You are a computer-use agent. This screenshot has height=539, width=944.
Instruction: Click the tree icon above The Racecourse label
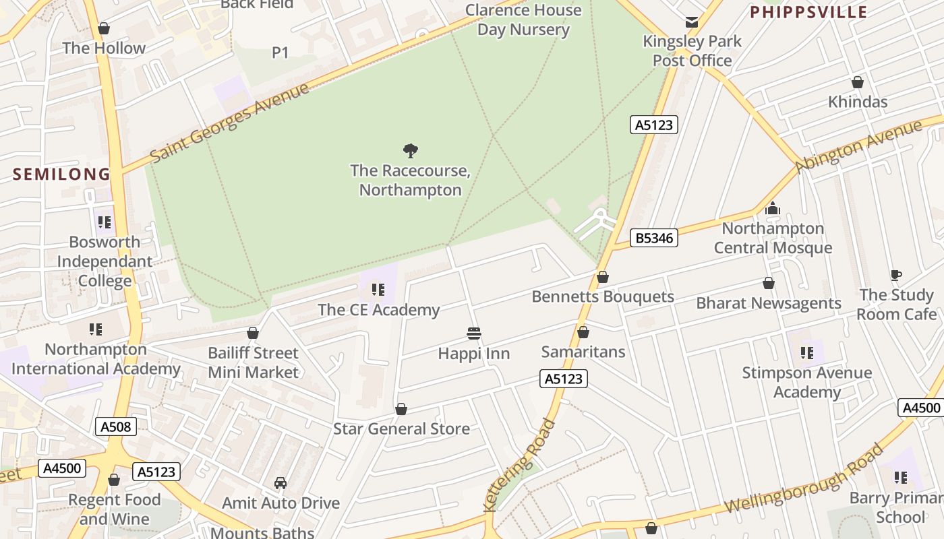[410, 150]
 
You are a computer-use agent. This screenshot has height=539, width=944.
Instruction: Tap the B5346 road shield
[654, 238]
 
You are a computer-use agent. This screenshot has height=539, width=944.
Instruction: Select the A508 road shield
[116, 426]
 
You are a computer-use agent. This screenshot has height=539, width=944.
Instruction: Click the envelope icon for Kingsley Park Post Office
[692, 22]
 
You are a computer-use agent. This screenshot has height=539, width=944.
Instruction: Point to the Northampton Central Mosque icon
[773, 209]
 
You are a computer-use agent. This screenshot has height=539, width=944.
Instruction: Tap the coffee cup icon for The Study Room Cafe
[895, 275]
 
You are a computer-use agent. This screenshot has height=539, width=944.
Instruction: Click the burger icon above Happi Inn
[474, 334]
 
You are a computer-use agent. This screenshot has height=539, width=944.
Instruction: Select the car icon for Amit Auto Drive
[281, 483]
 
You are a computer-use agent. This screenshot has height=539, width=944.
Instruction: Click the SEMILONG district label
[61, 174]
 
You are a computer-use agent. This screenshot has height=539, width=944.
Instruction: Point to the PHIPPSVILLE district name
[808, 12]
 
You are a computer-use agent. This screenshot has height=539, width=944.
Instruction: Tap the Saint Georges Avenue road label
[229, 123]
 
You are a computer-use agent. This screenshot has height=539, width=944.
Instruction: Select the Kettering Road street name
[519, 465]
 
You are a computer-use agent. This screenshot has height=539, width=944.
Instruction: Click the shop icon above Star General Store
[401, 410]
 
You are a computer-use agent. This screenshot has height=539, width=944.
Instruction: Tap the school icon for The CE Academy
[378, 290]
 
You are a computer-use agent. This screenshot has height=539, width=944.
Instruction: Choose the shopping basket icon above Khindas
[858, 82]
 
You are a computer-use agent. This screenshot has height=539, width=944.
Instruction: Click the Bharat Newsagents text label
[769, 303]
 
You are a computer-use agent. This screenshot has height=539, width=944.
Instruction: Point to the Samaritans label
[583, 352]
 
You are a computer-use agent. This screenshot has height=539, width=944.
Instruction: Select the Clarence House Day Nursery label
[523, 20]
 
